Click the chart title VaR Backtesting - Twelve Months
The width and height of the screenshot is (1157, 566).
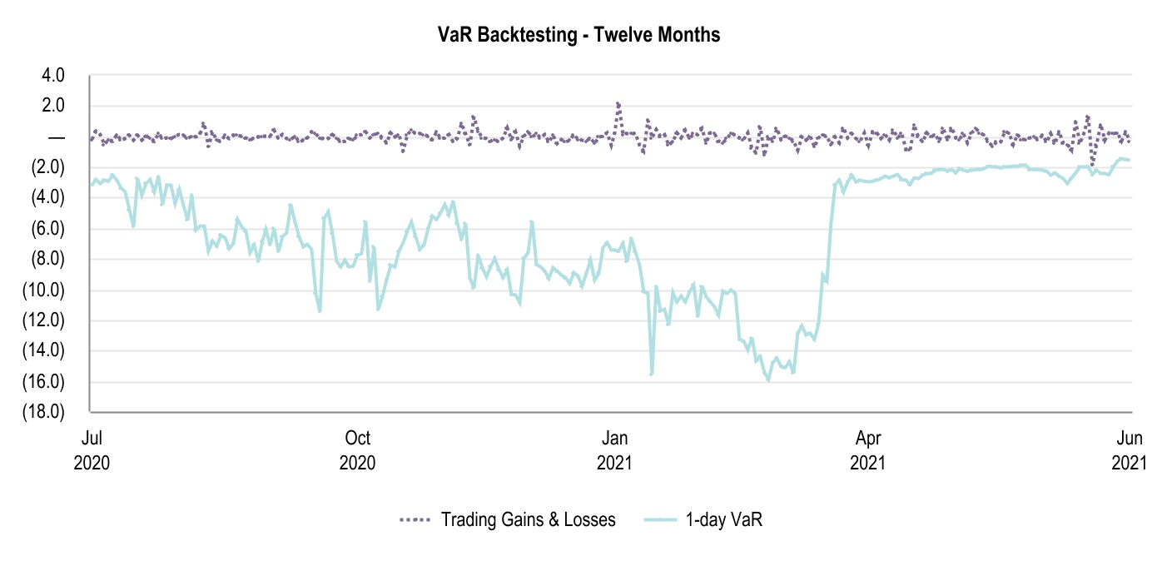[x=578, y=35]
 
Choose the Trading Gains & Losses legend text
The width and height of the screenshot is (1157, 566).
[x=529, y=520]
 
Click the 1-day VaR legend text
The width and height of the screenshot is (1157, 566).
[x=724, y=520]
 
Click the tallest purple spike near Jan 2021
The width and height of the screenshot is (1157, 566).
[x=618, y=104]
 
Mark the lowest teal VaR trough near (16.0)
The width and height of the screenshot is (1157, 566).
[x=768, y=380]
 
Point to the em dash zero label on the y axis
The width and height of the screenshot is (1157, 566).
[x=57, y=137]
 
